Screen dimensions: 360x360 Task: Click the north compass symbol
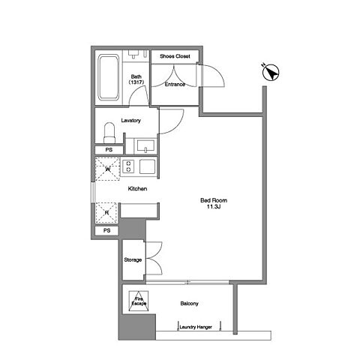tap(271, 73)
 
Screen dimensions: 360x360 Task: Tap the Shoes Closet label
tap(175, 56)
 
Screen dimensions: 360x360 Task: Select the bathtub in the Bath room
tap(108, 77)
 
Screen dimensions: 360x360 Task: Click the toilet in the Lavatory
tap(109, 133)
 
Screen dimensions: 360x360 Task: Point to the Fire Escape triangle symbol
tap(139, 301)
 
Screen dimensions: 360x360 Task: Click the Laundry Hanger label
tap(196, 327)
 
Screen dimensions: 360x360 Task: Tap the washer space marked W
tap(108, 169)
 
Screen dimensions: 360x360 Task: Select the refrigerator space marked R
tap(106, 213)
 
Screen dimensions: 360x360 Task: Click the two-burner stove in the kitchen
tap(128, 166)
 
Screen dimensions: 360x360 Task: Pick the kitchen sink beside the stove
tap(147, 166)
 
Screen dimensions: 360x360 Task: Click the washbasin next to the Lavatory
tap(145, 146)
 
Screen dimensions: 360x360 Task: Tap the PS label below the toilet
tap(109, 150)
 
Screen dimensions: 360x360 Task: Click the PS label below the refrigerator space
tap(106, 230)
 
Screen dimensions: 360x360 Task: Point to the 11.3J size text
tap(214, 207)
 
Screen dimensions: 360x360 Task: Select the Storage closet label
tap(133, 260)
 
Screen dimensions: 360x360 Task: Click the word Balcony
tap(189, 304)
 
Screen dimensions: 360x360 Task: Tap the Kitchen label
tap(137, 189)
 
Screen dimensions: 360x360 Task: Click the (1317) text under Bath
tap(136, 82)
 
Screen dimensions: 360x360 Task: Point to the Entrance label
tap(175, 84)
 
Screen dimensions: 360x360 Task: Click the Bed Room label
tap(214, 200)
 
